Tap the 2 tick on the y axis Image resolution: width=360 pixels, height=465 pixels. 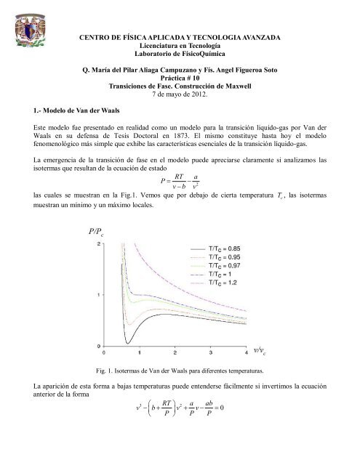click(100, 243)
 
